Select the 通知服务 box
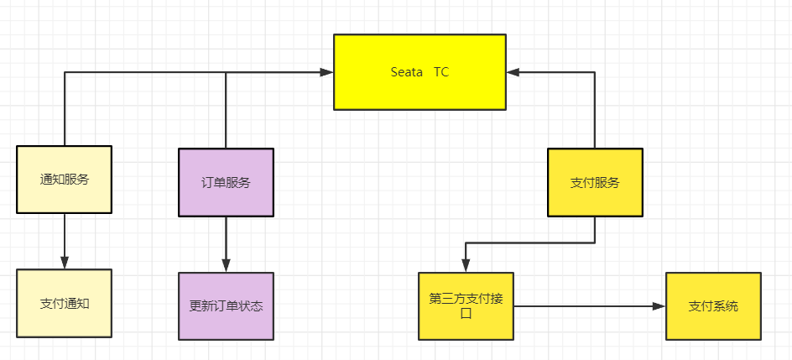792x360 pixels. pyautogui.click(x=65, y=180)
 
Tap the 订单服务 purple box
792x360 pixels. pyautogui.click(x=226, y=182)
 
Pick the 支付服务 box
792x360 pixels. pyautogui.click(x=595, y=182)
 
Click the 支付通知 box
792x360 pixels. pyautogui.click(x=65, y=303)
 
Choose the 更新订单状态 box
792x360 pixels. pyautogui.click(x=226, y=305)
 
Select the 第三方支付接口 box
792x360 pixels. pyautogui.click(x=466, y=305)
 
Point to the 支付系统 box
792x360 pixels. pyautogui.click(x=713, y=305)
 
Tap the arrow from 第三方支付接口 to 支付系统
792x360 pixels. pyautogui.click(x=587, y=306)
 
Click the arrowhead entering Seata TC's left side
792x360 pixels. pyautogui.click(x=327, y=73)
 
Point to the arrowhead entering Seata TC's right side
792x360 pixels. pyautogui.click(x=513, y=73)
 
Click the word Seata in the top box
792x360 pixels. pyautogui.click(x=407, y=72)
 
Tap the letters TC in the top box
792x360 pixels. pyautogui.click(x=441, y=72)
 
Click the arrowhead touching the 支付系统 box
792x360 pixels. pyautogui.click(x=659, y=306)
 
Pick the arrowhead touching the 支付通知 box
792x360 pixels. pyautogui.click(x=65, y=263)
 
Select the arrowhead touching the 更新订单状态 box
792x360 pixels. pyautogui.click(x=226, y=266)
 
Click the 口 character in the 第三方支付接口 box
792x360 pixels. pyautogui.click(x=466, y=314)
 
